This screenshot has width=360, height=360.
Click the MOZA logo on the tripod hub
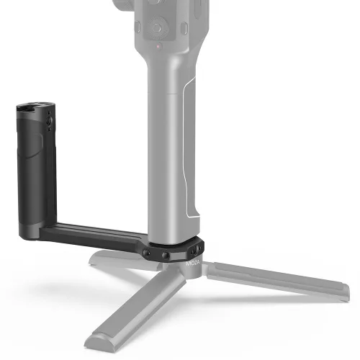pos(192,264)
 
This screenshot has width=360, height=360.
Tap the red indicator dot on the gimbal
pos(158,46)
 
